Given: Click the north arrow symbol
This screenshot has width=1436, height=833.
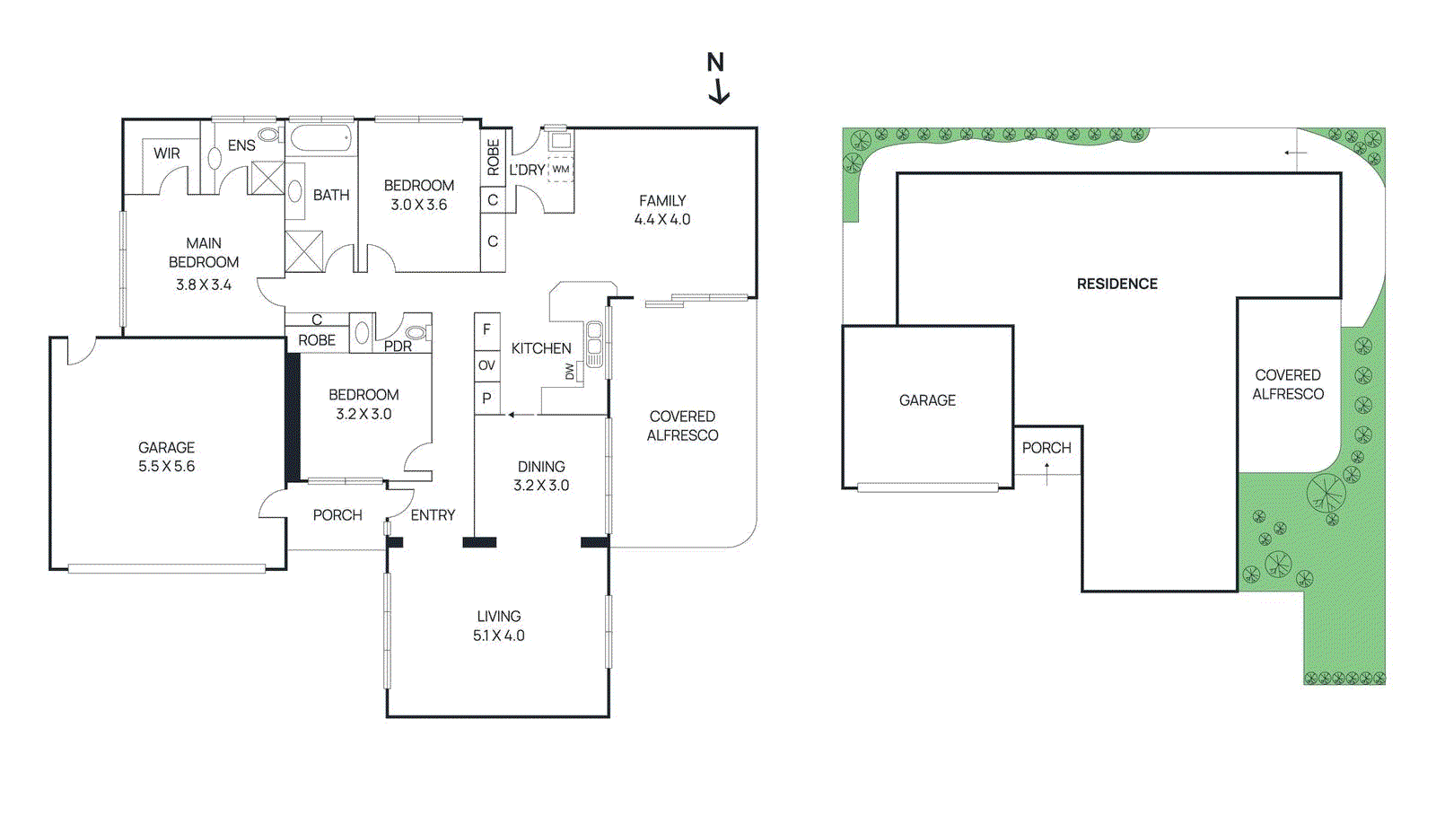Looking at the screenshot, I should pyautogui.click(x=717, y=78).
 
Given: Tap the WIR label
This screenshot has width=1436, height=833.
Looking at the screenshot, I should pyautogui.click(x=167, y=153).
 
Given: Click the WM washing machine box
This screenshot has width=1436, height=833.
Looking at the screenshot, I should pyautogui.click(x=561, y=169).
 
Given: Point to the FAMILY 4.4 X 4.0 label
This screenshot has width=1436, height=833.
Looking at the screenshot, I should pyautogui.click(x=662, y=210).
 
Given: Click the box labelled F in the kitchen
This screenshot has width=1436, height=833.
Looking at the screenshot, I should pyautogui.click(x=486, y=330).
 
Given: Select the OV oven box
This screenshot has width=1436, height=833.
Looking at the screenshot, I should pyautogui.click(x=486, y=365).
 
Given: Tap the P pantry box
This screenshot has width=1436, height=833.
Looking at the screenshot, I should pyautogui.click(x=486, y=399).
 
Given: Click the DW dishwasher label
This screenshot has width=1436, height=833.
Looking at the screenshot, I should pyautogui.click(x=570, y=371).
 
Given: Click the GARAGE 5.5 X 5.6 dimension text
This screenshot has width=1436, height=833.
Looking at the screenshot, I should pyautogui.click(x=166, y=467).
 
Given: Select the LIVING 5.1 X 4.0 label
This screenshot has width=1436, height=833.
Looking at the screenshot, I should pyautogui.click(x=499, y=626).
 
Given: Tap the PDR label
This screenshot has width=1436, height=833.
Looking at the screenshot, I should pyautogui.click(x=398, y=346).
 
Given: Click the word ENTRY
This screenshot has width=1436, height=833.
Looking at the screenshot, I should pyautogui.click(x=433, y=515).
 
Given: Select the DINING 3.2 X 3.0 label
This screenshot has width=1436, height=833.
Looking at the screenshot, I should pyautogui.click(x=541, y=476).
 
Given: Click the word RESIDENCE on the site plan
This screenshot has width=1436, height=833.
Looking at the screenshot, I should pyautogui.click(x=1116, y=284).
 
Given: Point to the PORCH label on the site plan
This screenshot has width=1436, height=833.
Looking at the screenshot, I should pyautogui.click(x=1046, y=448).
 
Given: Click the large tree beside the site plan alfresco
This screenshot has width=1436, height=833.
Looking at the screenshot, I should pyautogui.click(x=1326, y=493).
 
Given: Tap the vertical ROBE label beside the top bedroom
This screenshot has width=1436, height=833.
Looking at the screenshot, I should pyautogui.click(x=493, y=157).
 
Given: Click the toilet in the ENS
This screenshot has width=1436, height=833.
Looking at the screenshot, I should pyautogui.click(x=269, y=136).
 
